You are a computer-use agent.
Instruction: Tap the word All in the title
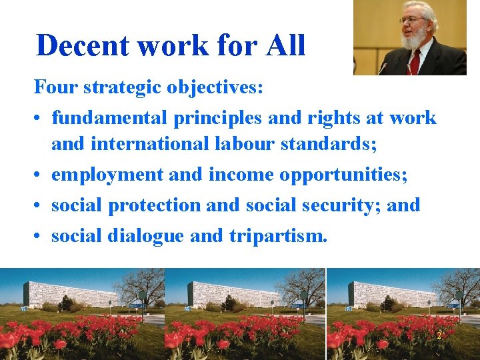coord(285,46)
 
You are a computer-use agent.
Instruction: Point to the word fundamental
coord(109,118)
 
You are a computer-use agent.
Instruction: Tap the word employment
coord(107,175)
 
